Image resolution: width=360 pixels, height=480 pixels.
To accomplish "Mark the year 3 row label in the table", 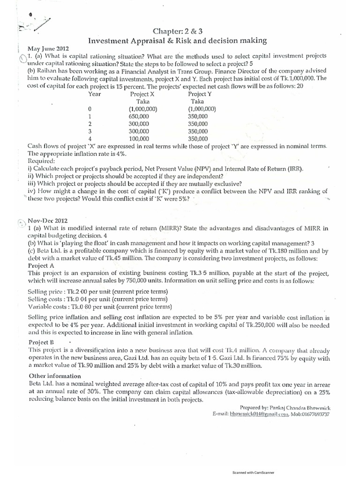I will (x=90, y=131).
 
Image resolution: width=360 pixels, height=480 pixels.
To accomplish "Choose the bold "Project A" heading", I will (x=43, y=265).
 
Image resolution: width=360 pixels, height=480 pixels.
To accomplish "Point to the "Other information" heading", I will (x=56, y=376).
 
